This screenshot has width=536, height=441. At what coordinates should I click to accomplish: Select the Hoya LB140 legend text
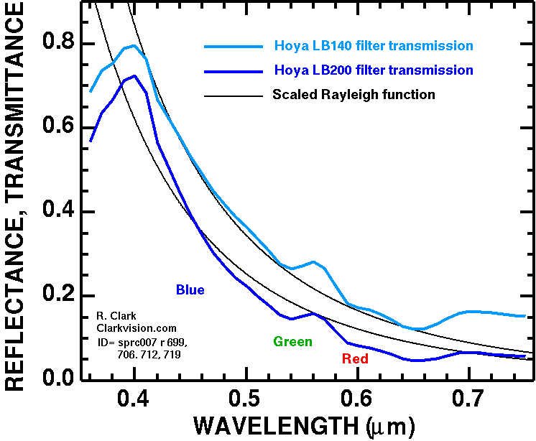373,46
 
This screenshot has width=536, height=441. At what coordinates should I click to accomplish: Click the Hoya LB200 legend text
373,70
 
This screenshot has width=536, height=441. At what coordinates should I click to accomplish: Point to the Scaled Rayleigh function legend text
354,94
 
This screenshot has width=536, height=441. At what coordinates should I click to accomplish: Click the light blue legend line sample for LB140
233,46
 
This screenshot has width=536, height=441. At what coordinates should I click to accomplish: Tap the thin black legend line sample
233,95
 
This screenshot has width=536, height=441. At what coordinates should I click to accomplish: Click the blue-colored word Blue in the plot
190,290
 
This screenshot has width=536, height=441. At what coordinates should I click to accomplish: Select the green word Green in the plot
292,342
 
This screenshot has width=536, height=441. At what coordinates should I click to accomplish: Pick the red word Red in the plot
355,359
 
